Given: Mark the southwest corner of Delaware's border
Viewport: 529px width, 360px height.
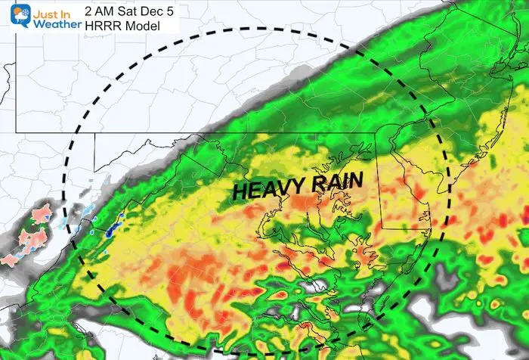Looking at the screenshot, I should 379,227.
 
